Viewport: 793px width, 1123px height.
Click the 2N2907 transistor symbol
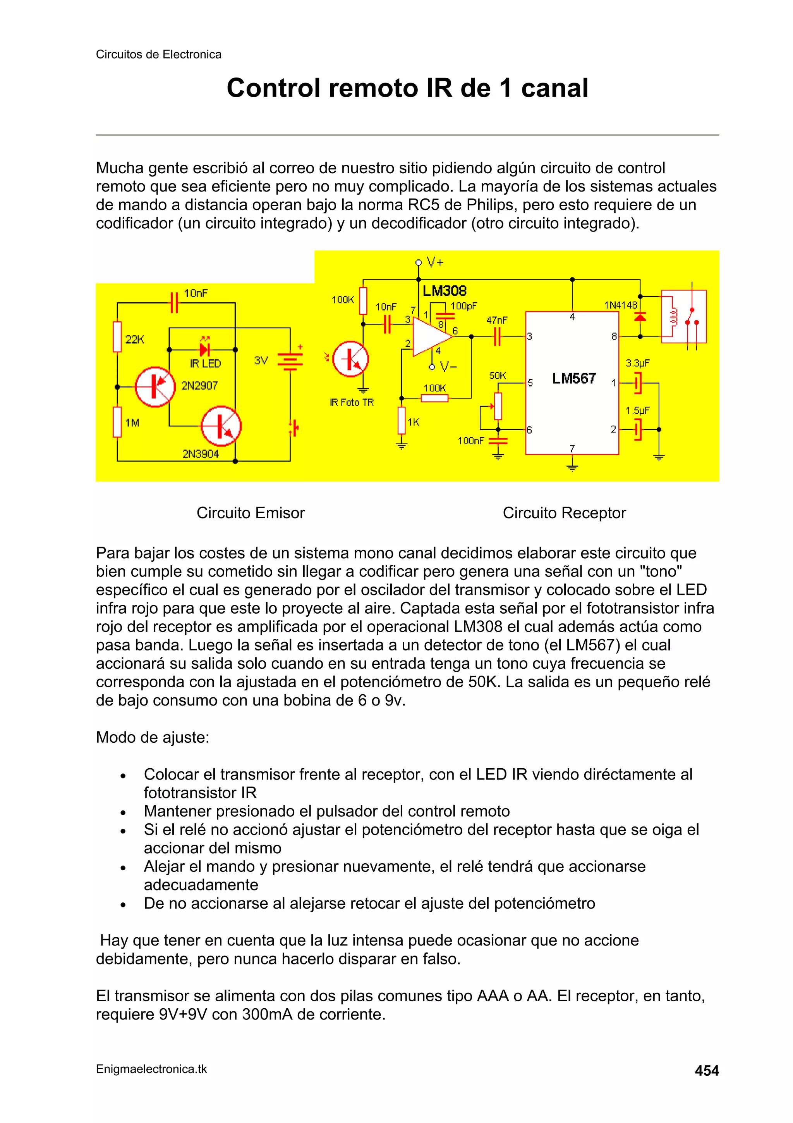click(154, 387)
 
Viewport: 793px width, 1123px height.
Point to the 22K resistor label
click(135, 340)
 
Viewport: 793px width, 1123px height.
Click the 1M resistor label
click(132, 423)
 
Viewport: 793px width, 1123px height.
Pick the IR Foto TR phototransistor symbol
click(350, 359)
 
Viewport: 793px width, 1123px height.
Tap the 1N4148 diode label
click(621, 305)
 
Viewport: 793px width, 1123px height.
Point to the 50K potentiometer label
click(498, 376)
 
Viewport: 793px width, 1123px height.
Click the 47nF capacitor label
click(497, 320)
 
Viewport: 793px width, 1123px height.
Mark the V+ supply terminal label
click(435, 262)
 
